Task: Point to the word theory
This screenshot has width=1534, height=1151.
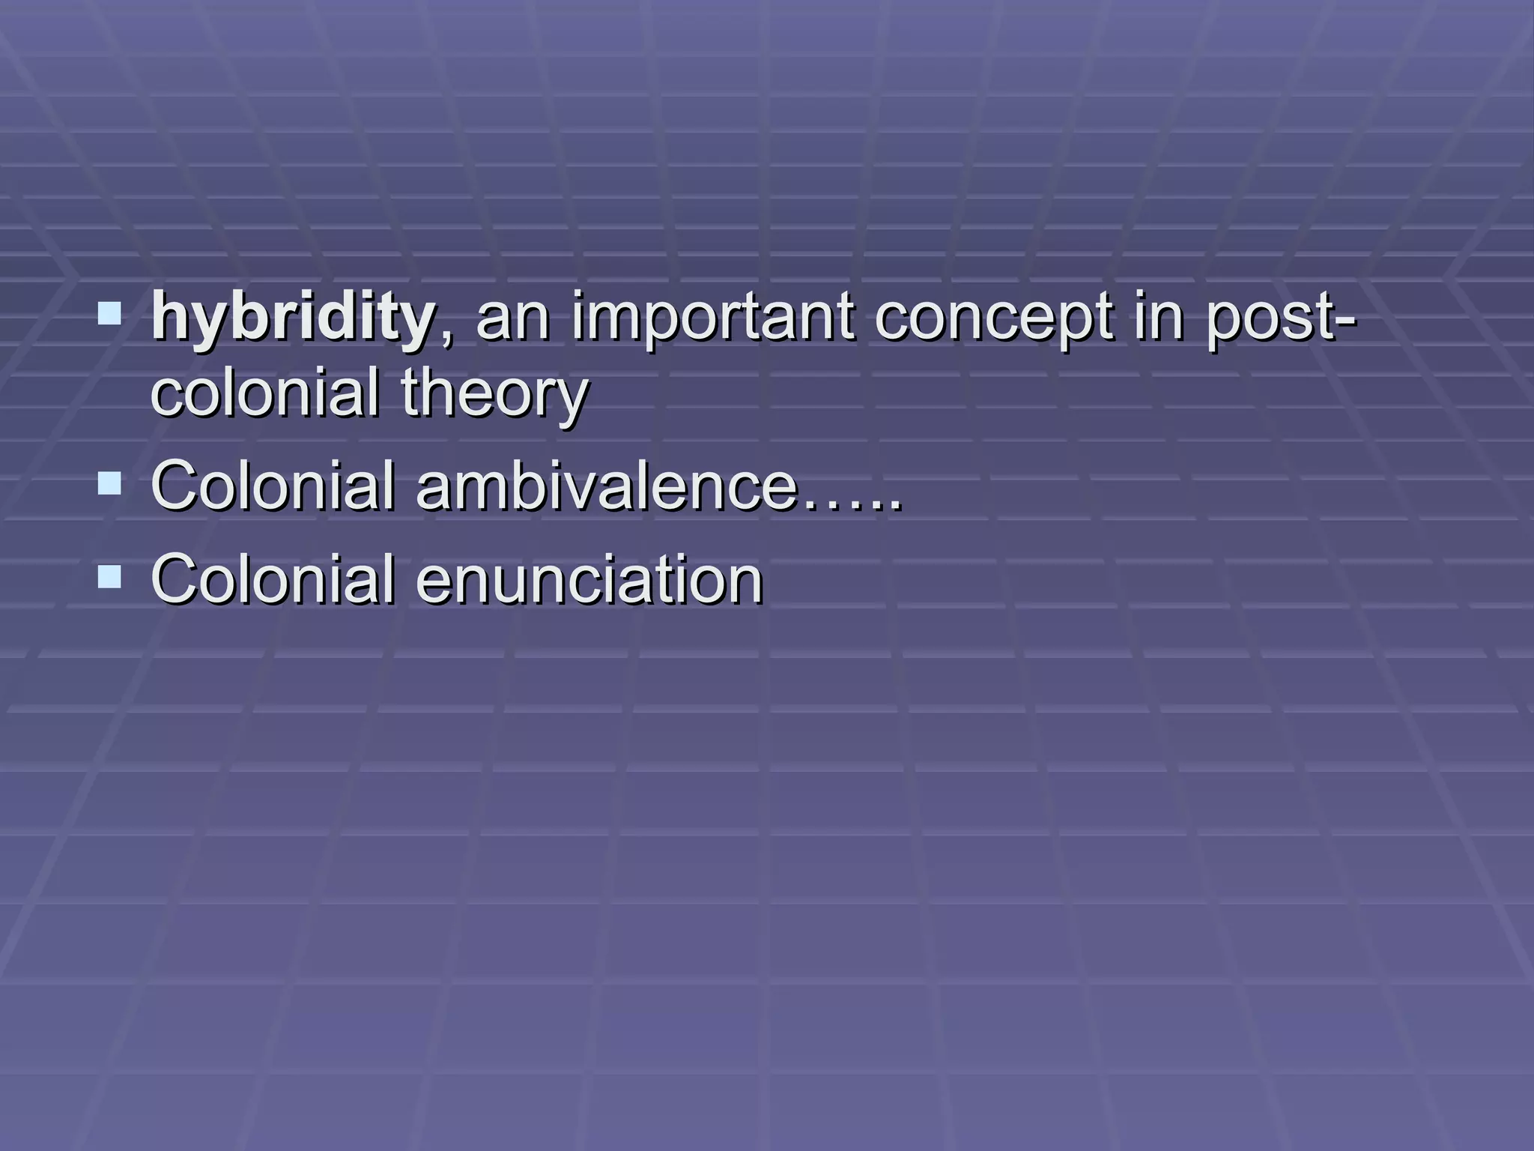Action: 494,396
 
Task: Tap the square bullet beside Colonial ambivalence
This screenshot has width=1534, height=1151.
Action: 109,482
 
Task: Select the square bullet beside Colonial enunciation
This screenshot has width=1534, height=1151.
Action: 109,575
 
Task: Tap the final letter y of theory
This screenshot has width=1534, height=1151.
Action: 573,401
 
